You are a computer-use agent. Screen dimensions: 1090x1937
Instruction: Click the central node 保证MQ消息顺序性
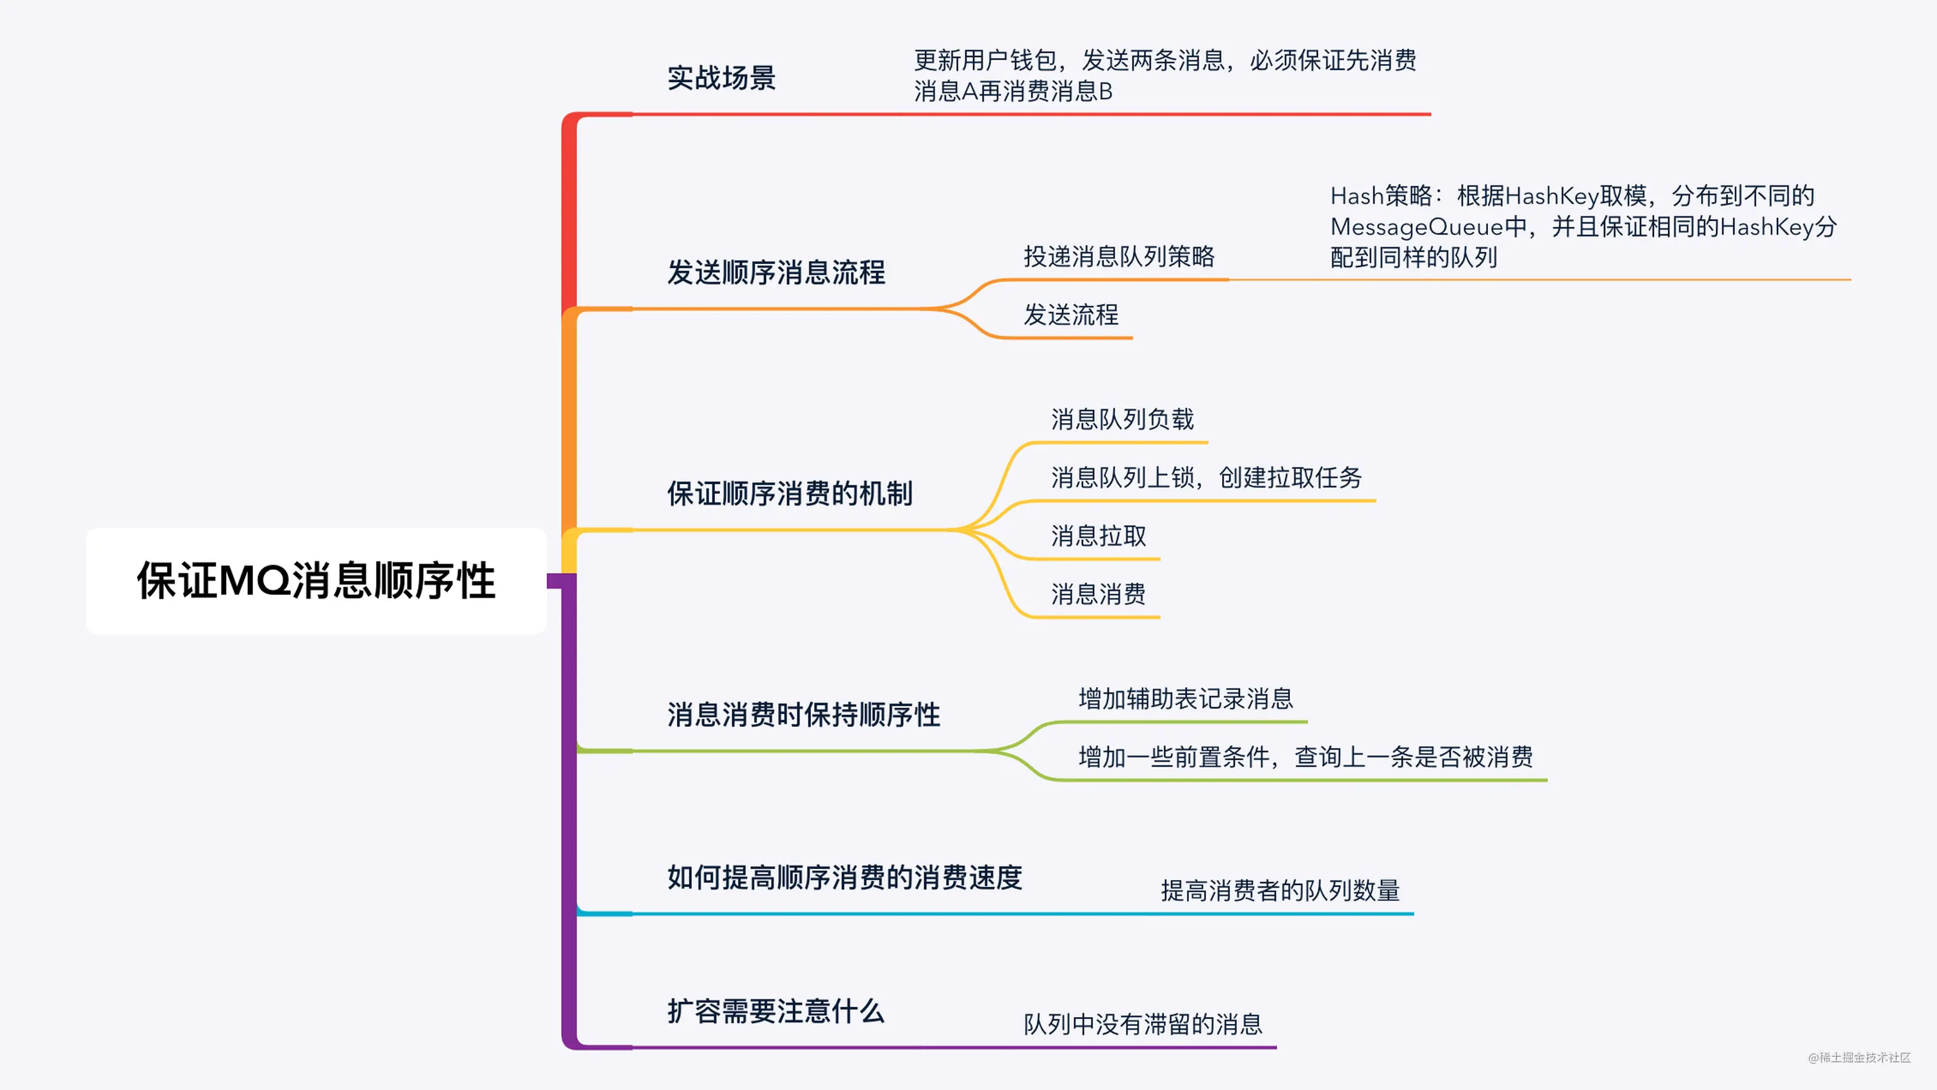click(316, 580)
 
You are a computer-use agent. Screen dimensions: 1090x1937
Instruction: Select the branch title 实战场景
click(721, 77)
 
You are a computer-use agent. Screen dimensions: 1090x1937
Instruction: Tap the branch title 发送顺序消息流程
click(776, 272)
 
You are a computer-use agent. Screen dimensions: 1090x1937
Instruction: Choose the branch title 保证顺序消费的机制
click(790, 493)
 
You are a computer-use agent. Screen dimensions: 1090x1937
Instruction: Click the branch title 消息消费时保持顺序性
click(804, 714)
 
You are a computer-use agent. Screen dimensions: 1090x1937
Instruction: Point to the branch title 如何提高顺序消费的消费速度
click(844, 877)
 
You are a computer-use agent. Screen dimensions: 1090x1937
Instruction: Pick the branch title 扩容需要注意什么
click(775, 1011)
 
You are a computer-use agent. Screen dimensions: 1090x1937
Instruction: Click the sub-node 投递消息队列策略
click(1119, 256)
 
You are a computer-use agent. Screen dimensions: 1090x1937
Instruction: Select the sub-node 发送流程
click(1071, 314)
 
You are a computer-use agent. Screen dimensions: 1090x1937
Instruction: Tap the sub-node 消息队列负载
click(1122, 419)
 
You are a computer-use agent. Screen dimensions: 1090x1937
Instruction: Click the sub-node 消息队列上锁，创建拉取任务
click(1206, 476)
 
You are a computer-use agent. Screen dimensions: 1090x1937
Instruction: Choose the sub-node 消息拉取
click(1099, 535)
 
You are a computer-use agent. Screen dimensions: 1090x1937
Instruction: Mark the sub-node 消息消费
click(1099, 594)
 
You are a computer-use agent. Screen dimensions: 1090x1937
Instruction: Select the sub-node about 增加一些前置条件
click(1305, 756)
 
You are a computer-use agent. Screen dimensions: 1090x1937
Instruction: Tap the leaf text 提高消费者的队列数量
click(1280, 890)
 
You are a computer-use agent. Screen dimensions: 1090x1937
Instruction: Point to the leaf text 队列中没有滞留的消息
click(1143, 1024)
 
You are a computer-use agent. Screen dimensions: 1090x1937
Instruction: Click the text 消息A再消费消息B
click(1013, 92)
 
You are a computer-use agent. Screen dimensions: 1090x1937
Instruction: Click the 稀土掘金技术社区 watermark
click(1859, 1058)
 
